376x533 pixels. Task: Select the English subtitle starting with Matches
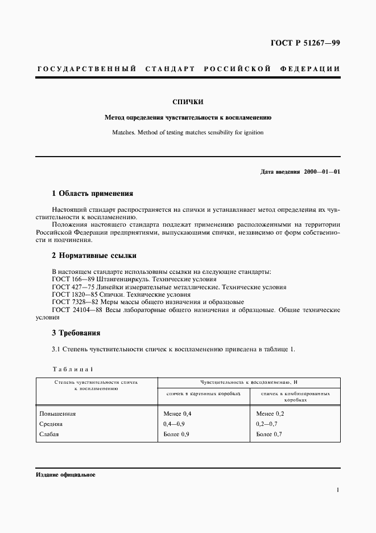[188, 133]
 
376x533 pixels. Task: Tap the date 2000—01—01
[322, 172]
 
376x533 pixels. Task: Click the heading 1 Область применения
[93, 194]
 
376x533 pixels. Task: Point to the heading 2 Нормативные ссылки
[94, 256]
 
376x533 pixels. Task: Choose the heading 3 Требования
[76, 333]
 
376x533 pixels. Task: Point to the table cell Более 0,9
[176, 434]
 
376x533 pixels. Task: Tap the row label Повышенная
[57, 414]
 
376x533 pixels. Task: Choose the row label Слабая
[49, 434]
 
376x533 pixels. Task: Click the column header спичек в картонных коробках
[204, 393]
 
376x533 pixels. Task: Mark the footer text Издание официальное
[65, 474]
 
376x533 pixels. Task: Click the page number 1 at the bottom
[338, 489]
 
